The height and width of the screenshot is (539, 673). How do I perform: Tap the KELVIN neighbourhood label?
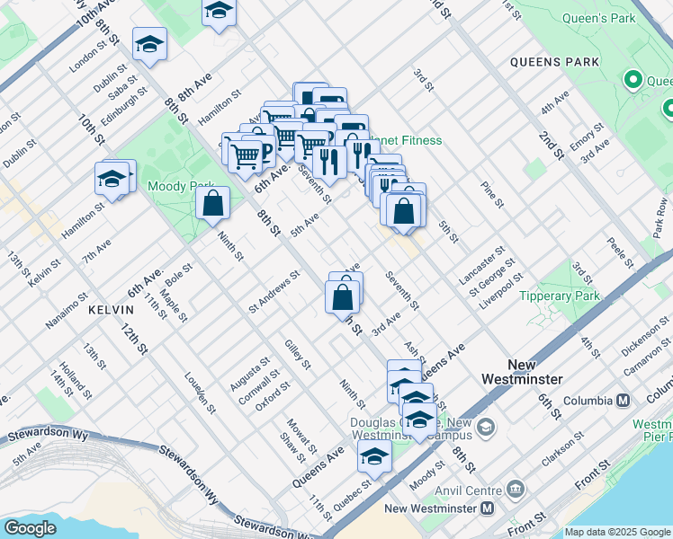[x=111, y=309]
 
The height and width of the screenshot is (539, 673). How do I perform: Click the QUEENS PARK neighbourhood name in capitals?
[x=553, y=62]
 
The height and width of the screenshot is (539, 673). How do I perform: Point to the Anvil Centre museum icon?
[x=516, y=489]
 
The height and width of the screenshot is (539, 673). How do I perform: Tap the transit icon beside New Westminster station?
[x=487, y=508]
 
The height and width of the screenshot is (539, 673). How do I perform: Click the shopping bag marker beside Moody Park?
[x=212, y=203]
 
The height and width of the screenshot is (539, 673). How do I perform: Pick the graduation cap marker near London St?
[x=150, y=44]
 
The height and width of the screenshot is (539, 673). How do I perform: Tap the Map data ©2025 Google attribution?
[x=617, y=532]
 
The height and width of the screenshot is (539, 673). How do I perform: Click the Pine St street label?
[x=492, y=194]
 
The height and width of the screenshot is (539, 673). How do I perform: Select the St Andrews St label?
[x=274, y=293]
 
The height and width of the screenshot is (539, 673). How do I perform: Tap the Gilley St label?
[x=297, y=354]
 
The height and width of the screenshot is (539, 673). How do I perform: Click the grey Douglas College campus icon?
[x=487, y=425]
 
